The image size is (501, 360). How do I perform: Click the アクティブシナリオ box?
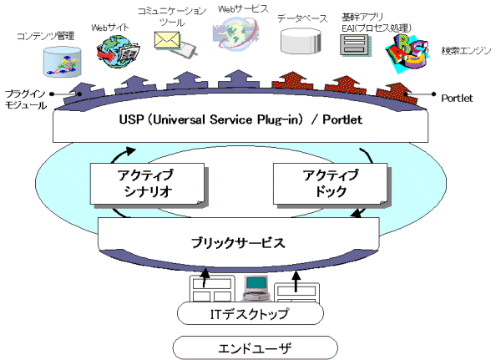[146, 184]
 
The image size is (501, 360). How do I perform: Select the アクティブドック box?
[327, 183]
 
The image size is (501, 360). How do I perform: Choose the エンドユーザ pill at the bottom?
[248, 346]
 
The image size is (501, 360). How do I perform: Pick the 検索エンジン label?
[467, 52]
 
